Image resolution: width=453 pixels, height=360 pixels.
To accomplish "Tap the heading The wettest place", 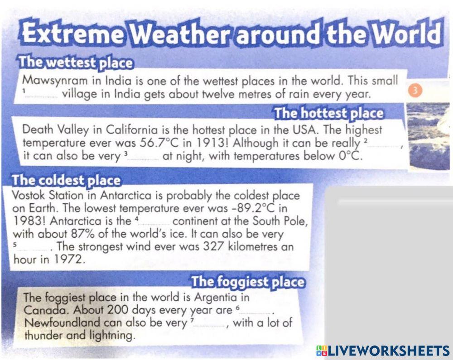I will (x=74, y=63).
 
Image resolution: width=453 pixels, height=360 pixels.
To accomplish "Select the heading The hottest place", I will (x=328, y=113).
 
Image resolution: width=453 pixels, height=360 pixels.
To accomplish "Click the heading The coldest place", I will (x=67, y=180).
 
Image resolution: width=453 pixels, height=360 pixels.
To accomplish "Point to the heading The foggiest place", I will (x=247, y=282).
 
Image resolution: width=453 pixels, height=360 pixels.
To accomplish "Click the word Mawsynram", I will (x=55, y=82).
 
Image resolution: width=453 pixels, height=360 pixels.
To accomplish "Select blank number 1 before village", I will (x=43, y=96).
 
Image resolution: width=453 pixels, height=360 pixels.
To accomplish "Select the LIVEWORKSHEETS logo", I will (x=383, y=350).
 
